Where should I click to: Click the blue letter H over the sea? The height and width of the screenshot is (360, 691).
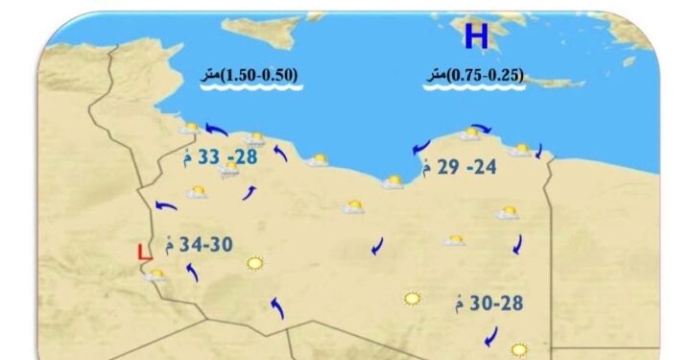coord(476,36)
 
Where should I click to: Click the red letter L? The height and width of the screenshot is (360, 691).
coord(144,253)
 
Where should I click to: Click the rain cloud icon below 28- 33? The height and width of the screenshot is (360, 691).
coord(229,172)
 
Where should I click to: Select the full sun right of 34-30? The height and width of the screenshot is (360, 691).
coord(254,262)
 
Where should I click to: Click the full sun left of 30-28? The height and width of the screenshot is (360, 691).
coord(413,299)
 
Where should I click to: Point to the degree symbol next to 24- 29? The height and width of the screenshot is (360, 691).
coord(426,169)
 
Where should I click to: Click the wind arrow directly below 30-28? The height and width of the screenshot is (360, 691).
coord(491,337)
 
